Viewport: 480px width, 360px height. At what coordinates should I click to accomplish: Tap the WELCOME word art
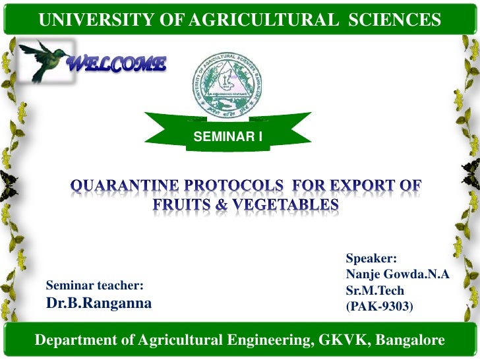(117, 64)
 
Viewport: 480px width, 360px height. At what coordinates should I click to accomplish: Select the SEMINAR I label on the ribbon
(227, 137)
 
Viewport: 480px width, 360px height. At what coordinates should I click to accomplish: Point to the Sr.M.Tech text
(374, 290)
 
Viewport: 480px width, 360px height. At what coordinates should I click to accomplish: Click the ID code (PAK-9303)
(379, 306)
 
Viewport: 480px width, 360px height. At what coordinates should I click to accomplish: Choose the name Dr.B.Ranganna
(98, 303)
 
